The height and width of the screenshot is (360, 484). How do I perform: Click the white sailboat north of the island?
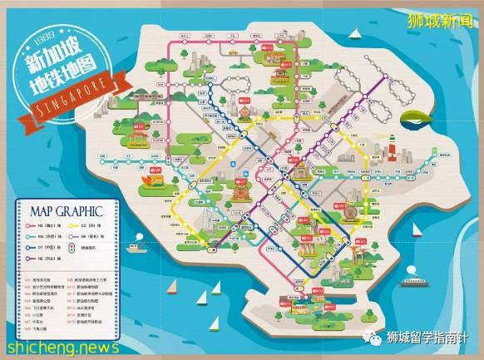[355, 37]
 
